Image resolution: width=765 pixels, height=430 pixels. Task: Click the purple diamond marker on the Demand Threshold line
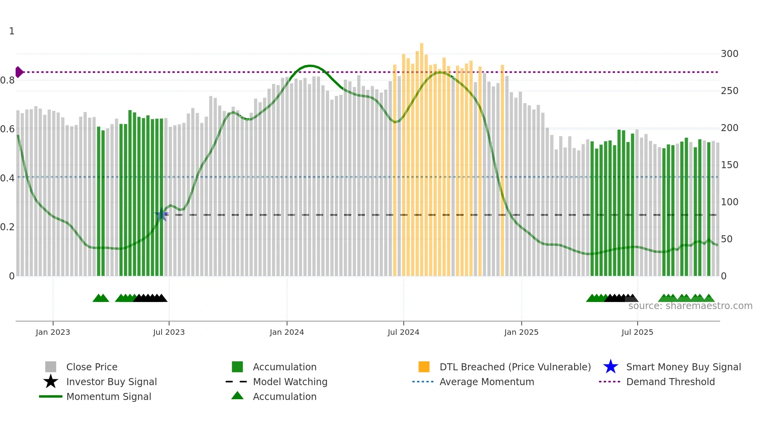pos(19,72)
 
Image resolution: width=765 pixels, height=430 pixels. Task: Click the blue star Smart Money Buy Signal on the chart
pos(162,214)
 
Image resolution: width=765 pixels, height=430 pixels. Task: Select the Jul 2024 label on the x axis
pos(403,332)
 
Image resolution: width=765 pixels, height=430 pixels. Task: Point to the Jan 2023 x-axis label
pos(53,332)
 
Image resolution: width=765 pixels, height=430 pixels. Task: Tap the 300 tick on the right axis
pos(729,54)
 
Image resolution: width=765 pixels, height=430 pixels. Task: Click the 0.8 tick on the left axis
pos(7,80)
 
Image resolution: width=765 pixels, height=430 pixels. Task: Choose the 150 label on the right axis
pos(729,165)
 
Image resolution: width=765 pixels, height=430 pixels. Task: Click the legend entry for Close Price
pos(92,367)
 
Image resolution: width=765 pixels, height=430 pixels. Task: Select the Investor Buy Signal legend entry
pos(111,382)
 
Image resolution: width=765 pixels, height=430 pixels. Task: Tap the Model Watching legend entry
pos(290,382)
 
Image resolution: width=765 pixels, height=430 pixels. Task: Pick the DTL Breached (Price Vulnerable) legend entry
pos(515,367)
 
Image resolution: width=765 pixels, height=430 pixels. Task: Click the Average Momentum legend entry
pos(486,382)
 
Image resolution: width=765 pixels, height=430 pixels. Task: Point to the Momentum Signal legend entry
pos(109,396)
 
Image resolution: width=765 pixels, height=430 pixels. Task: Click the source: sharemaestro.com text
pos(690,306)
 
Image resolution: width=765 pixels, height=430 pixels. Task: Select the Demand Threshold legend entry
pos(670,382)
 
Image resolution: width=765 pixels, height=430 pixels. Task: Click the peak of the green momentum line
pos(310,66)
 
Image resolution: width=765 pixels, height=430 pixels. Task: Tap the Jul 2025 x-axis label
pos(637,332)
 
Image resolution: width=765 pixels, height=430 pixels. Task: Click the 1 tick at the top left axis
pos(12,31)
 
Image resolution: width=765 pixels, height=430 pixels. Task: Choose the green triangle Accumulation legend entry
pos(284,396)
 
